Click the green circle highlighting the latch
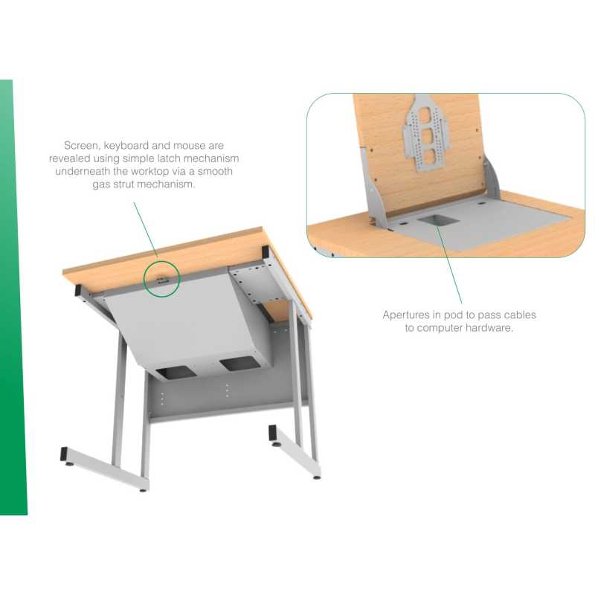click(x=162, y=278)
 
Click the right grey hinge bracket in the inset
click(x=492, y=179)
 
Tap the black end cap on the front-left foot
click(x=65, y=454)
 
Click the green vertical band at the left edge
click(x=13, y=297)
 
